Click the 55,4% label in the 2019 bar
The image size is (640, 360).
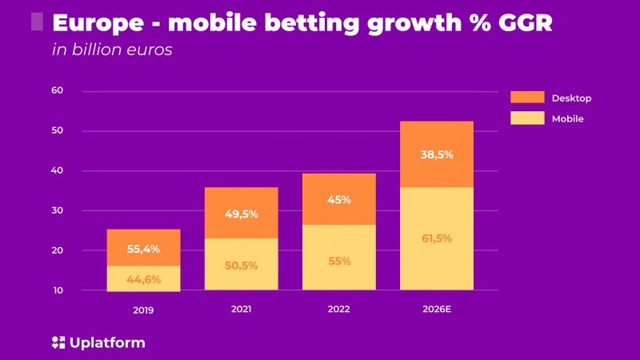click(144, 249)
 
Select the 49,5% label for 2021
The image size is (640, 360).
click(241, 214)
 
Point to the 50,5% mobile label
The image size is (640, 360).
click(241, 265)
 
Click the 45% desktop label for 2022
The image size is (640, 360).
click(339, 200)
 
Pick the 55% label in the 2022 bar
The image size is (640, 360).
click(339, 260)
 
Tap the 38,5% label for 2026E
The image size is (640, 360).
click(437, 154)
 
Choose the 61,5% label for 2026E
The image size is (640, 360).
click(437, 238)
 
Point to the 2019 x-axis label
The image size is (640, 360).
click(144, 310)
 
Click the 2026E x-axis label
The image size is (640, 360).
click(437, 309)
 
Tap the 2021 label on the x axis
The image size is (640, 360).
click(241, 309)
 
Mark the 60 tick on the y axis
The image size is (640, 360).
click(57, 90)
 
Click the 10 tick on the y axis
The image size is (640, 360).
click(57, 290)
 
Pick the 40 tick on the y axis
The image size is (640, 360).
click(57, 170)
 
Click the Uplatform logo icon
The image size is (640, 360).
click(57, 343)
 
